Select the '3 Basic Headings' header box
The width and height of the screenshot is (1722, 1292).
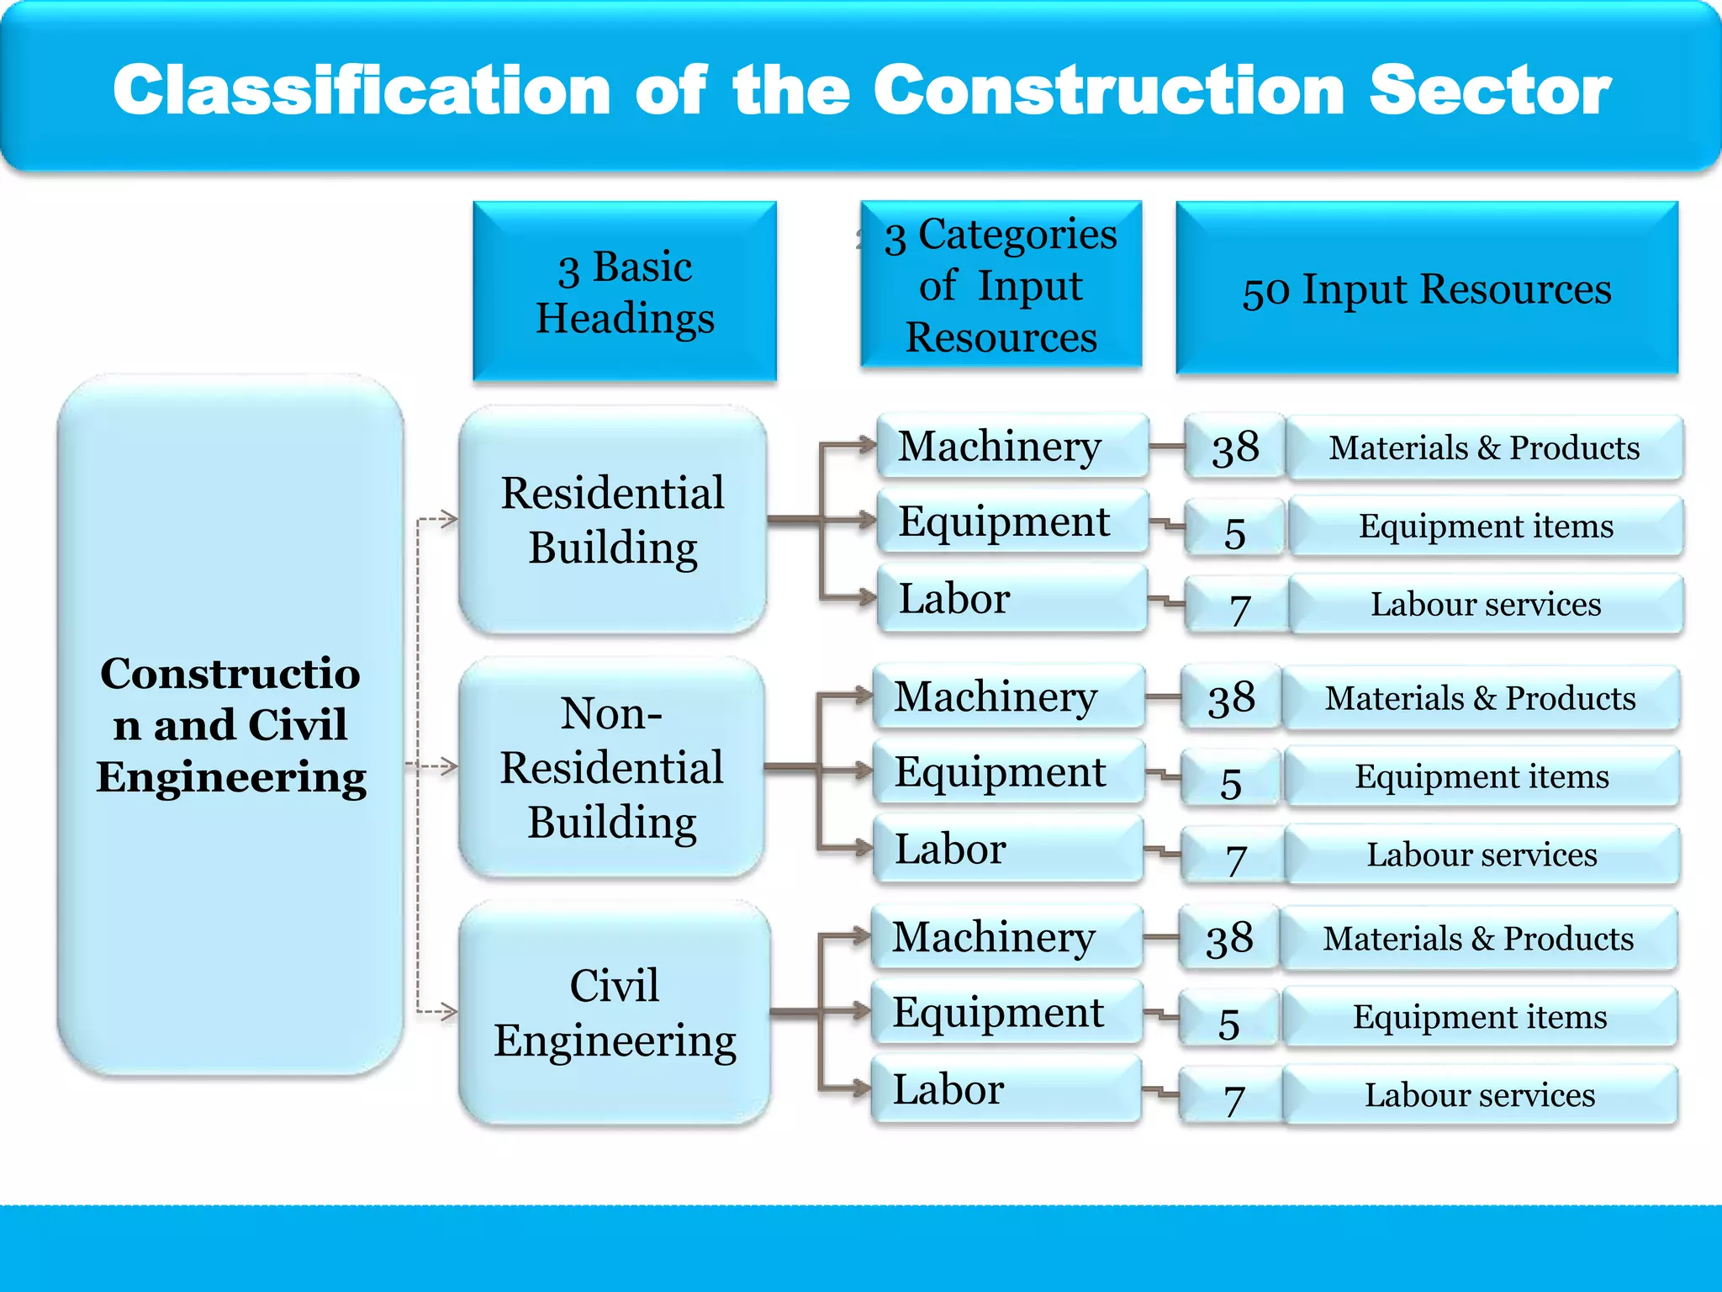[625, 291]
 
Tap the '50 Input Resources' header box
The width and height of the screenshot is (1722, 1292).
[1427, 288]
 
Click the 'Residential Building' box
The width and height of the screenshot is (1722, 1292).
[613, 520]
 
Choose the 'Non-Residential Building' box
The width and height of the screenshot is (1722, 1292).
[612, 767]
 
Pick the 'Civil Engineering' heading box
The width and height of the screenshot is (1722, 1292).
[615, 1012]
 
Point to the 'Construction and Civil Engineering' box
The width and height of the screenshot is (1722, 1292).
[230, 724]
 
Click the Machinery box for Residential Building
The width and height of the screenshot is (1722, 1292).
[1012, 446]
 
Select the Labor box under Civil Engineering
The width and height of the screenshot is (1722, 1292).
[1006, 1089]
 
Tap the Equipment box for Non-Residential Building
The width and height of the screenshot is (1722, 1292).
[1008, 771]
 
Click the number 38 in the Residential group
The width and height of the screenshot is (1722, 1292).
[1235, 447]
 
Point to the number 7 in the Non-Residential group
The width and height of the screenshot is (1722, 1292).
[1234, 859]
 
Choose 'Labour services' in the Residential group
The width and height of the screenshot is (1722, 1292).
[1486, 604]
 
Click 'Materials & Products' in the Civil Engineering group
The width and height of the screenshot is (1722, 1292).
[1478, 938]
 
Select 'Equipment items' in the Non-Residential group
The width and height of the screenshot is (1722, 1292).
[1482, 776]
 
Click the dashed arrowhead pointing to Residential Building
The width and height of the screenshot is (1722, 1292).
[449, 518]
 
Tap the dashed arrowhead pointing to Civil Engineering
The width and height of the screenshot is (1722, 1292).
[449, 1010]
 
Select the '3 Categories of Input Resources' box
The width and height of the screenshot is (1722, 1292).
[1001, 285]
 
